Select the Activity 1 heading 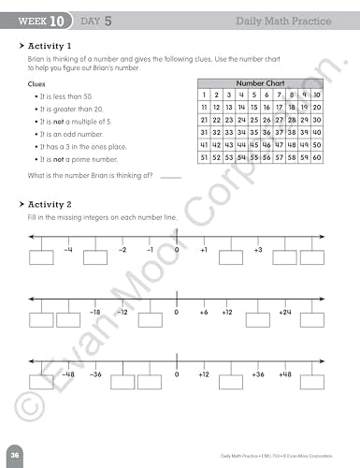(x=52, y=44)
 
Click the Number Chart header (x=261, y=82)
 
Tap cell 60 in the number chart (x=318, y=157)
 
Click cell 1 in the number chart (x=204, y=95)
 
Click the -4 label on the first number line (x=68, y=251)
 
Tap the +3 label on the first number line (x=258, y=251)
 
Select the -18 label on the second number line (x=94, y=312)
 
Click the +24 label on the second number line (x=285, y=312)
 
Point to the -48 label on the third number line (x=68, y=373)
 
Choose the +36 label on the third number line (x=258, y=373)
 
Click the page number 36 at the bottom (x=16, y=452)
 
